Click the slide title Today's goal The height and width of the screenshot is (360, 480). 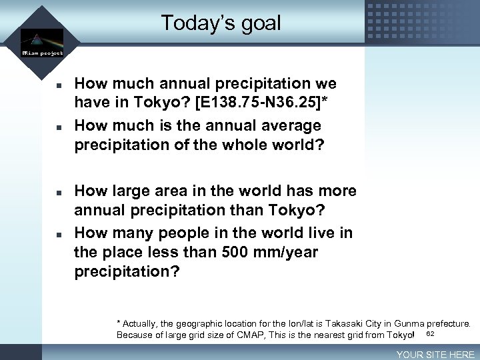click(221, 23)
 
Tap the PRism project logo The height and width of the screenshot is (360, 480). click(42, 42)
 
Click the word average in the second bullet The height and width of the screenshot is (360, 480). click(288, 125)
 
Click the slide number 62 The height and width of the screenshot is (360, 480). click(430, 333)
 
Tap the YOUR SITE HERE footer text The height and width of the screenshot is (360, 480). click(435, 355)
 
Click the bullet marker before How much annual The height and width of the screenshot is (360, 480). click(59, 85)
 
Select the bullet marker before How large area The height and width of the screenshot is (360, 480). click(59, 192)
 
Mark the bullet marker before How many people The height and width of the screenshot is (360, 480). click(59, 234)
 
